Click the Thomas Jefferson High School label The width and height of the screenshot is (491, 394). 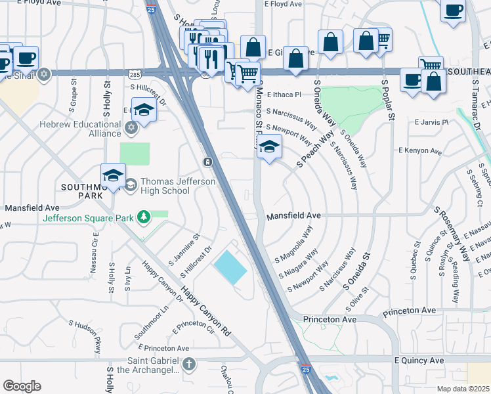[165, 186]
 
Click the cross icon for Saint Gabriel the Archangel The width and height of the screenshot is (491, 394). [189, 364]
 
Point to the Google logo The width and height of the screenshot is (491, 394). [22, 386]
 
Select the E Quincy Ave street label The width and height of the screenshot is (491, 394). [419, 361]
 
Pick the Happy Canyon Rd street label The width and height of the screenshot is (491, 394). [206, 312]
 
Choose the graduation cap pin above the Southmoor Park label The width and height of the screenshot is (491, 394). [113, 176]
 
